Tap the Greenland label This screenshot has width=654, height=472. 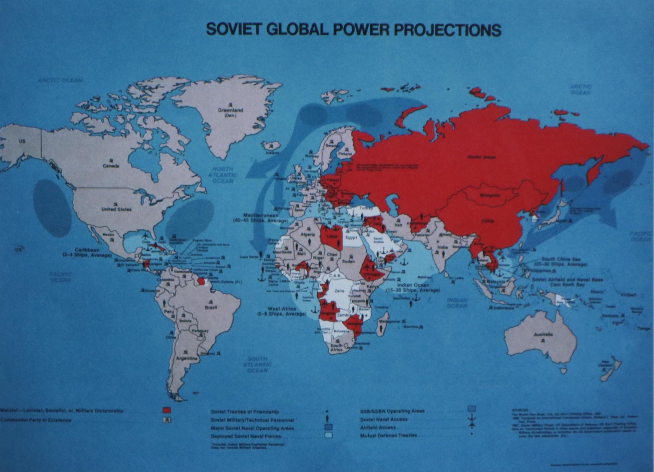pyautogui.click(x=230, y=110)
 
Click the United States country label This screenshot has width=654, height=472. pyautogui.click(x=116, y=209)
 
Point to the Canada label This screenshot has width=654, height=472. pyautogui.click(x=111, y=166)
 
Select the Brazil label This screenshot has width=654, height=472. pyautogui.click(x=211, y=307)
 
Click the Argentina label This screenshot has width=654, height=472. pyautogui.click(x=187, y=358)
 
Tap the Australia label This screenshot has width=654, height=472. pyautogui.click(x=543, y=335)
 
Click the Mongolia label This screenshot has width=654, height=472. pyautogui.click(x=490, y=195)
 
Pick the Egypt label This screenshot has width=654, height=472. pyautogui.click(x=351, y=237)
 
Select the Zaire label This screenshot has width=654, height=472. pyautogui.click(x=339, y=291)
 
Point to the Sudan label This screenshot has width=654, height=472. pyautogui.click(x=348, y=261)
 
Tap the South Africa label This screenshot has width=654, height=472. pyautogui.click(x=336, y=347)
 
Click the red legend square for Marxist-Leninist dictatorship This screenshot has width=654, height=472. pyautogui.click(x=167, y=410)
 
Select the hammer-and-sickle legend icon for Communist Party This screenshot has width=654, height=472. pyautogui.click(x=167, y=419)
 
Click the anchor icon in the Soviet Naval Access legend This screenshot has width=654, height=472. pyautogui.click(x=472, y=418)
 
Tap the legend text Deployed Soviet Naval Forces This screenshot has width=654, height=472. pyautogui.click(x=246, y=436)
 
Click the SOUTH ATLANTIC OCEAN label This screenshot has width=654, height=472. pyautogui.click(x=257, y=364)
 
